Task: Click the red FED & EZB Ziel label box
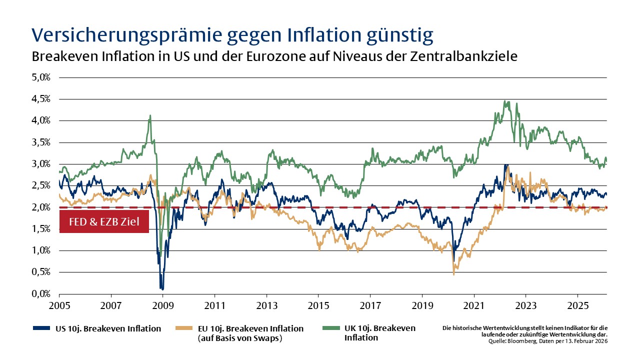(x=104, y=221)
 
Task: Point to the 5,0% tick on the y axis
(x=42, y=77)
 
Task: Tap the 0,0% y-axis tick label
(x=42, y=294)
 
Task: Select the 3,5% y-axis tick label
(x=42, y=142)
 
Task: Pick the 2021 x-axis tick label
(x=474, y=304)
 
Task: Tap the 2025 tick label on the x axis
(x=577, y=304)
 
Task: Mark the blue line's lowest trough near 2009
(x=162, y=288)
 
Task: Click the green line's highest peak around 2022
(x=506, y=101)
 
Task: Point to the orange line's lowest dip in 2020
(x=453, y=273)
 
